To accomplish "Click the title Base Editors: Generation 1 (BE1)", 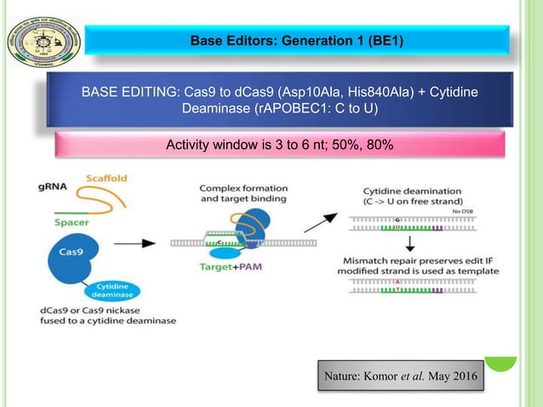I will point(296,39).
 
